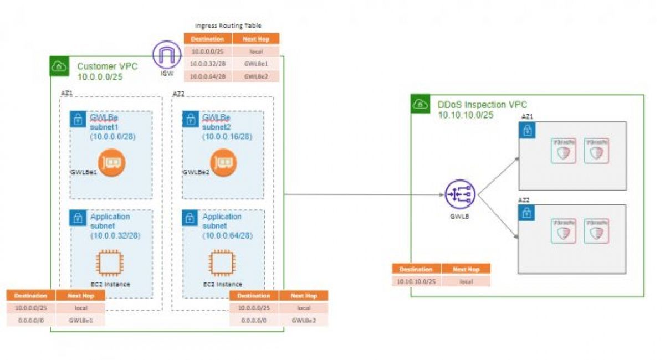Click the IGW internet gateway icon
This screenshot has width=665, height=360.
point(167,55)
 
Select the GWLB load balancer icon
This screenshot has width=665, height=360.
point(459,195)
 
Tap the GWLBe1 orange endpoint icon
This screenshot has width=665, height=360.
point(111,162)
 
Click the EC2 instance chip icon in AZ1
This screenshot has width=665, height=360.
point(110,264)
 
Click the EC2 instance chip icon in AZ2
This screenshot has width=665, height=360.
point(222,264)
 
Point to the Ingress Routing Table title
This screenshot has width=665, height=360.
point(228,25)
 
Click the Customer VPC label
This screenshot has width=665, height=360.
point(107,66)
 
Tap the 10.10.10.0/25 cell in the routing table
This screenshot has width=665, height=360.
point(416,281)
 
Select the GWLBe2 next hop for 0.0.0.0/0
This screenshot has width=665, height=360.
point(304,320)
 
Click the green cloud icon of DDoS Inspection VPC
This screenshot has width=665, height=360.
point(421,104)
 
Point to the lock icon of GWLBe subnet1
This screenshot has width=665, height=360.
point(79,119)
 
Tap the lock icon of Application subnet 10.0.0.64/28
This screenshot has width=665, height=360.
point(190,218)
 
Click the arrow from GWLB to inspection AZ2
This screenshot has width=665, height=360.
point(499,217)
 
